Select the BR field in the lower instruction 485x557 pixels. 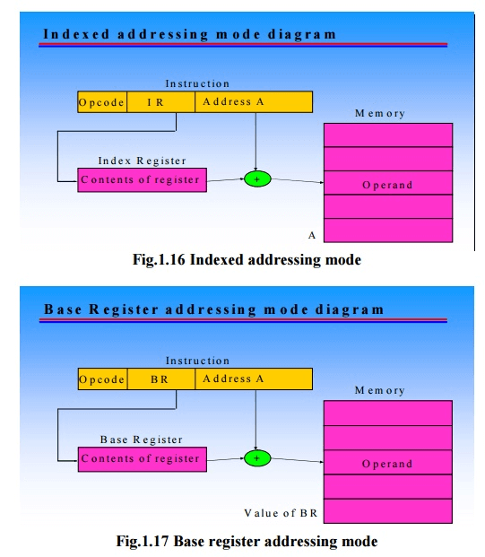[160, 379]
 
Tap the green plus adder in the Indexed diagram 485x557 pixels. [257, 179]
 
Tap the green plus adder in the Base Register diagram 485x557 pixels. [257, 457]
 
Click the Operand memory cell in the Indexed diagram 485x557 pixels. [387, 184]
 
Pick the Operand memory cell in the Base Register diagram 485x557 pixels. [387, 464]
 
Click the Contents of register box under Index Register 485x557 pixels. [141, 179]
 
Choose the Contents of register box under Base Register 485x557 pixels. [141, 458]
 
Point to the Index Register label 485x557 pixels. [142, 161]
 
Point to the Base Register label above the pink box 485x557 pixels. [141, 440]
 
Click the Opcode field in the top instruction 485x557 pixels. [101, 102]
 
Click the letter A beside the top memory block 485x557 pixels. [312, 235]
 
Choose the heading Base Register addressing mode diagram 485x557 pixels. [213, 309]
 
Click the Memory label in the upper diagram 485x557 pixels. [379, 114]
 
